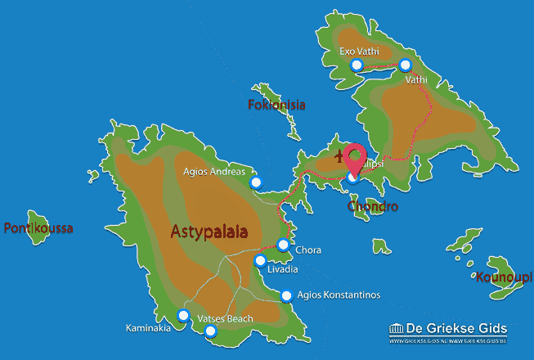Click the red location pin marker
356,158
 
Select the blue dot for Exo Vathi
356,65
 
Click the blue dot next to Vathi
405,65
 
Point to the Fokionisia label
276,105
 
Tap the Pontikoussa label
38,228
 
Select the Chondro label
372,207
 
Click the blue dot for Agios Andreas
256,182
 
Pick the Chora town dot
283,244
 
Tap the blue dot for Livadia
260,261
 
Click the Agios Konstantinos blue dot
286,296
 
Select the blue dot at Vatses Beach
211,331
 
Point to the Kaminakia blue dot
183,315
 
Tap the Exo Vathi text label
359,51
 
